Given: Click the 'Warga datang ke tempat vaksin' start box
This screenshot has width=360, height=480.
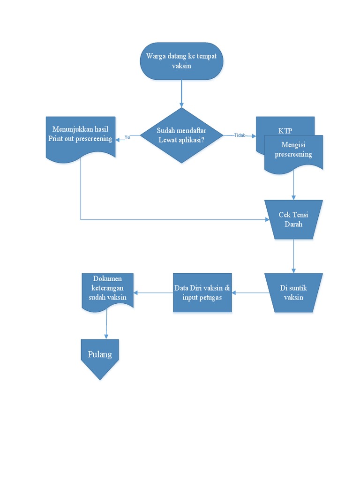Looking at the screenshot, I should (x=181, y=61).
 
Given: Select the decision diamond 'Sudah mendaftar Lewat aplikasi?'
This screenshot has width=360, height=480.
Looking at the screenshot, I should (x=181, y=135).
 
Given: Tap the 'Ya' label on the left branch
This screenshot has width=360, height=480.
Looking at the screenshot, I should (x=127, y=137).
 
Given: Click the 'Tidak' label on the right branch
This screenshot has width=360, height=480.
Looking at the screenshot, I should (x=240, y=135).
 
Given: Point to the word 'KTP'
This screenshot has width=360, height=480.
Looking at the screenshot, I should (x=285, y=131).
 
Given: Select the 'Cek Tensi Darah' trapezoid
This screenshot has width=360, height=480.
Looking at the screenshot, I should (x=293, y=219).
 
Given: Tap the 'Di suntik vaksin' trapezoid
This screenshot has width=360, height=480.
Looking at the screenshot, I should (x=293, y=292).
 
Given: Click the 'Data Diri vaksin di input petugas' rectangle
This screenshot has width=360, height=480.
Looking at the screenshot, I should (x=202, y=292).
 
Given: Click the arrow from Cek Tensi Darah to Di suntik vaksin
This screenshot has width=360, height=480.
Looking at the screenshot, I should (x=293, y=255).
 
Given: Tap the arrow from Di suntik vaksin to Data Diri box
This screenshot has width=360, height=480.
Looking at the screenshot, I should (x=250, y=292).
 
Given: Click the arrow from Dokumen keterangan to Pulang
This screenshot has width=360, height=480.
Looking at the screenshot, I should (x=106, y=324).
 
